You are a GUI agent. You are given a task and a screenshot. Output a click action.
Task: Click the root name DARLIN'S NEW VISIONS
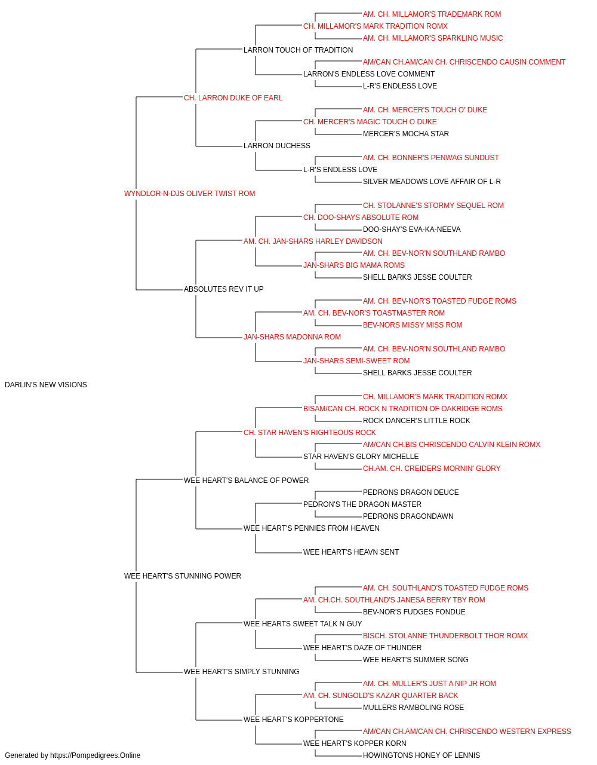pyautogui.click(x=46, y=385)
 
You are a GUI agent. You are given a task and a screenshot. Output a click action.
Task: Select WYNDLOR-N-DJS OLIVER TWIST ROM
pyautogui.click(x=189, y=194)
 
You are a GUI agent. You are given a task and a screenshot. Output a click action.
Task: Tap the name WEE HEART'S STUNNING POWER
pyautogui.click(x=183, y=576)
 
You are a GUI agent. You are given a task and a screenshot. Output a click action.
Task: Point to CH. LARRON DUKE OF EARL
pyautogui.click(x=233, y=98)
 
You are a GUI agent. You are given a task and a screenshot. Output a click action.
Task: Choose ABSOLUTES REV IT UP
pyautogui.click(x=224, y=289)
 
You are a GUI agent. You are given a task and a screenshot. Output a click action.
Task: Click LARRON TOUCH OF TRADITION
pyautogui.click(x=298, y=50)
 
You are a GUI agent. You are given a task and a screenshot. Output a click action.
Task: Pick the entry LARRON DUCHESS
pyautogui.click(x=276, y=146)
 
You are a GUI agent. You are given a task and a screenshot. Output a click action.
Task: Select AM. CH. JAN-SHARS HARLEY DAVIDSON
pyautogui.click(x=313, y=241)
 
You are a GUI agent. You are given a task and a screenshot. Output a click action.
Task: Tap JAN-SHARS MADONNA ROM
pyautogui.click(x=292, y=337)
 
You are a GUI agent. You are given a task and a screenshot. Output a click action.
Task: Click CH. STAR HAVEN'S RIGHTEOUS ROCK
pyautogui.click(x=309, y=433)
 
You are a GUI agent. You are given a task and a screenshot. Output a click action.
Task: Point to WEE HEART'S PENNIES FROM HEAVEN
pyautogui.click(x=312, y=528)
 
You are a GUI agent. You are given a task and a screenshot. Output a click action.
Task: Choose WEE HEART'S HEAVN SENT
pyautogui.click(x=351, y=552)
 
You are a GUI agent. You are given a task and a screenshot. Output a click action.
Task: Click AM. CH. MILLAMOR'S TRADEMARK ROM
pyautogui.click(x=432, y=14)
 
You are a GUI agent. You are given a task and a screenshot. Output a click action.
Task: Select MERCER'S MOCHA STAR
pyautogui.click(x=406, y=134)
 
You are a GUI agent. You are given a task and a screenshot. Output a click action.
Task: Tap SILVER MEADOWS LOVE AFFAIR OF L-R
pyautogui.click(x=432, y=182)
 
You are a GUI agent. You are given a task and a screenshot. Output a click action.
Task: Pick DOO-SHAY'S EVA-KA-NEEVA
pyautogui.click(x=412, y=229)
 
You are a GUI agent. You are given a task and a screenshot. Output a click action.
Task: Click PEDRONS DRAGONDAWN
pyautogui.click(x=408, y=516)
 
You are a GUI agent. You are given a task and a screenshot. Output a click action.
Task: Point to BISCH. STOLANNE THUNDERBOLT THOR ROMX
pyautogui.click(x=445, y=636)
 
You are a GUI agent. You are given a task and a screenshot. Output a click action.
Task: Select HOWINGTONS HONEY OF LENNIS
pyautogui.click(x=421, y=755)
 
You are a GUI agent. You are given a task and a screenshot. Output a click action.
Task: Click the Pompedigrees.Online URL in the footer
pyautogui.click(x=95, y=755)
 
